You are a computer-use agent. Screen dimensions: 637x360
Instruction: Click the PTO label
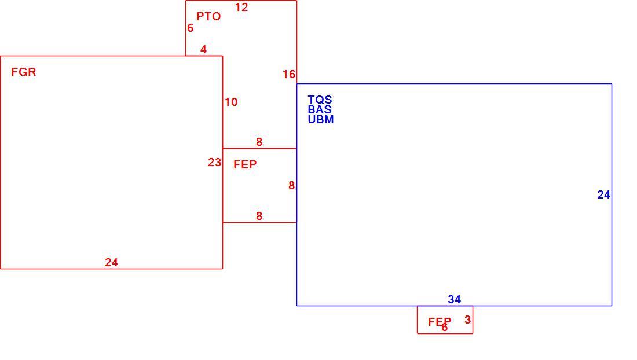click(x=208, y=17)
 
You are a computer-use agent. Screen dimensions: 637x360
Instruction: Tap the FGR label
click(x=24, y=72)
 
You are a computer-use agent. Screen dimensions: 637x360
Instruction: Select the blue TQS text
click(x=320, y=100)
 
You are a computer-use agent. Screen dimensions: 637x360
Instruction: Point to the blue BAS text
click(x=319, y=109)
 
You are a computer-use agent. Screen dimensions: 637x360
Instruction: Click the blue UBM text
click(x=321, y=120)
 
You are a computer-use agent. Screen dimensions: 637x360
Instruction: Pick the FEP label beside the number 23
click(x=245, y=165)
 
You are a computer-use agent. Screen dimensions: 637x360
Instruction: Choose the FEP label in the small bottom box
click(x=440, y=322)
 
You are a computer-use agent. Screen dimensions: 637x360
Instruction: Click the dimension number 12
click(x=241, y=8)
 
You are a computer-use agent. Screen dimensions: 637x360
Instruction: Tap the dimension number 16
click(x=289, y=75)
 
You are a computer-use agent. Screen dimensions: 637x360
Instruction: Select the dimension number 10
click(x=231, y=102)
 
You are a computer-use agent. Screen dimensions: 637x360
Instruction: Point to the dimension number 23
click(x=214, y=163)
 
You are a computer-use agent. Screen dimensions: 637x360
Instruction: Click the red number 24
click(x=111, y=263)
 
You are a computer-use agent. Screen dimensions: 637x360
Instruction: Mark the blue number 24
click(x=603, y=195)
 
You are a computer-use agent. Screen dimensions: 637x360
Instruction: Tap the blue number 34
click(x=454, y=300)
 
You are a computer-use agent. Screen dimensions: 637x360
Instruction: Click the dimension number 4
click(x=203, y=50)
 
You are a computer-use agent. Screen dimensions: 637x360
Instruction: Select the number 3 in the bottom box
click(x=467, y=320)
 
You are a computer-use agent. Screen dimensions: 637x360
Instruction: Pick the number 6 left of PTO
click(x=190, y=28)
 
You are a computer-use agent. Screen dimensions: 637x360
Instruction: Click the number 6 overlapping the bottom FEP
click(x=444, y=328)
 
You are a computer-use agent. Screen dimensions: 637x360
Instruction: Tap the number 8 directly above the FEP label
click(x=259, y=142)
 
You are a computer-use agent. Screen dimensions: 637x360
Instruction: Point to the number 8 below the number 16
click(x=291, y=185)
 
